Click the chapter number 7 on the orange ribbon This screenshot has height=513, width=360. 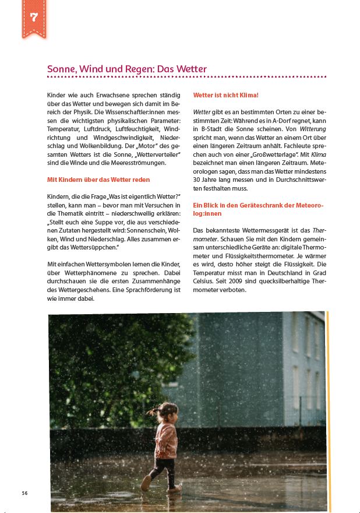[34, 17]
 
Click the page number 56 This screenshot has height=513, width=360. [24, 493]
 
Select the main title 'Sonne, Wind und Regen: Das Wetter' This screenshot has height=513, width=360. [126, 69]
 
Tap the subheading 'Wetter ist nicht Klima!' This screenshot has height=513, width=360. [225, 94]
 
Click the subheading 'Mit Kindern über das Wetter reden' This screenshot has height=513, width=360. [98, 180]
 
